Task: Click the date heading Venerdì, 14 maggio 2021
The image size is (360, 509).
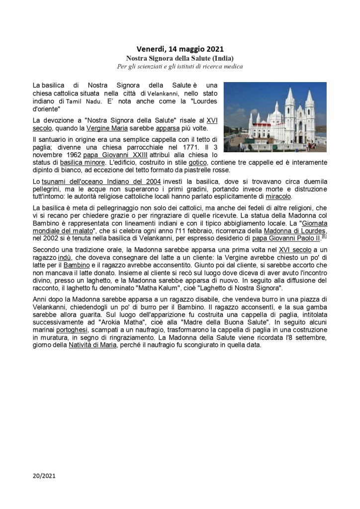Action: point(180,49)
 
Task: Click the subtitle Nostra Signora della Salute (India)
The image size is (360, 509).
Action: point(180,58)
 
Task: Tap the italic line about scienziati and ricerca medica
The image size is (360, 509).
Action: point(180,67)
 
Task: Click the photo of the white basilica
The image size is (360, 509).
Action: point(275,117)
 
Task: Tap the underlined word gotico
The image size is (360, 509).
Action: point(197,162)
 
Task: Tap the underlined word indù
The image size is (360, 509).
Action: point(65,257)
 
